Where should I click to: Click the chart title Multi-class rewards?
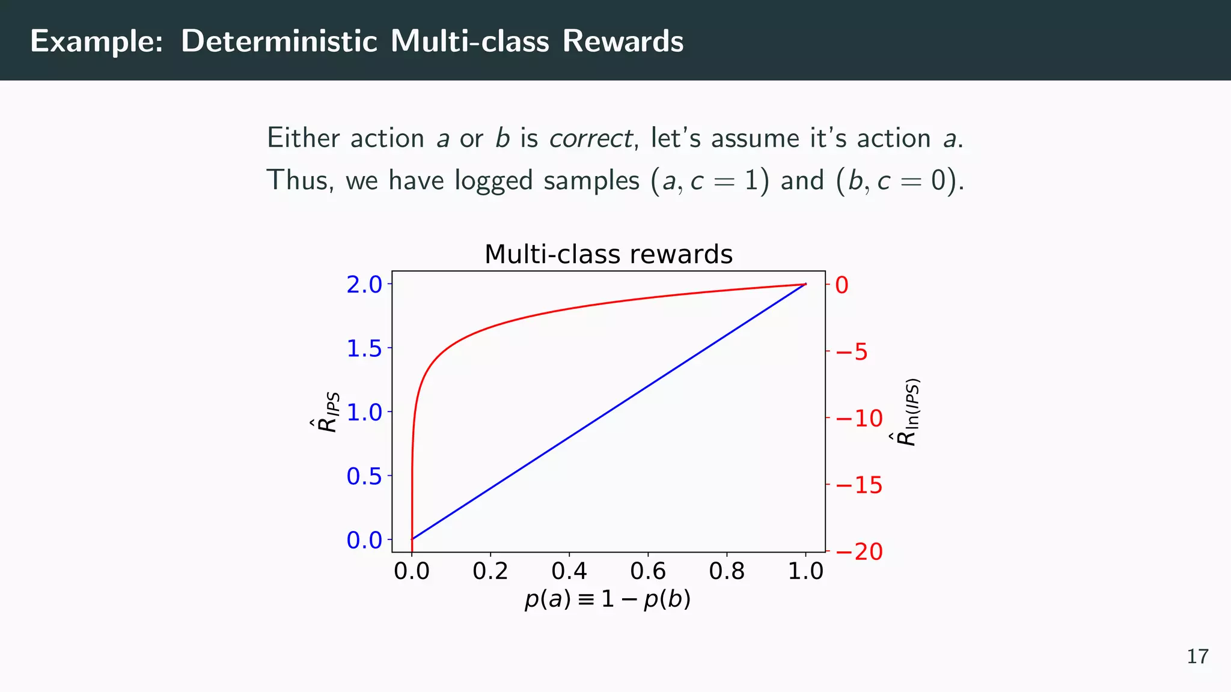608,254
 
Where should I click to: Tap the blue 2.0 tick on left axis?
364,285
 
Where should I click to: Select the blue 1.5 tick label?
364,348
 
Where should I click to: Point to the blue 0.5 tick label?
364,476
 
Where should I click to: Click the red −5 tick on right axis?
852,352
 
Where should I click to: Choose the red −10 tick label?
859,419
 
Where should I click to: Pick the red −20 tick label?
859,551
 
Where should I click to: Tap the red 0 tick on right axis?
842,285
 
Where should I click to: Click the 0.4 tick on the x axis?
569,571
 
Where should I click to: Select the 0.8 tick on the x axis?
726,571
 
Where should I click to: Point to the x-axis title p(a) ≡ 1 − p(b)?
608,599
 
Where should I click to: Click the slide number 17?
1197,657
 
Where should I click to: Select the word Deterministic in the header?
279,41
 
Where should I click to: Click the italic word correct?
590,139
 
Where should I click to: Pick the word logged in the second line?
493,181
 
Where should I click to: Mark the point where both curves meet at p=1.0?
805,284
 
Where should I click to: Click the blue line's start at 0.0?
412,539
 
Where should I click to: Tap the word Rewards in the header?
623,41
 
